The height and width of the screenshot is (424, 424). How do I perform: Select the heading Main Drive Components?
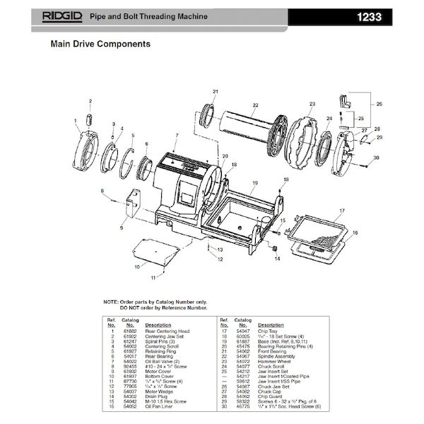[100, 44]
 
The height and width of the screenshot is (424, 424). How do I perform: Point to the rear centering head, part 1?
[88, 151]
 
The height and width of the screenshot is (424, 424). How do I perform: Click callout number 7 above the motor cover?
[177, 134]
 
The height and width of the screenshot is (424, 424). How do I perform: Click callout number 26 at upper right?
[378, 105]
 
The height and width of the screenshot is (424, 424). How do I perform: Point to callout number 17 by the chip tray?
[341, 211]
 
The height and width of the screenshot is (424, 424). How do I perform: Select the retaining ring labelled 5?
[126, 160]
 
